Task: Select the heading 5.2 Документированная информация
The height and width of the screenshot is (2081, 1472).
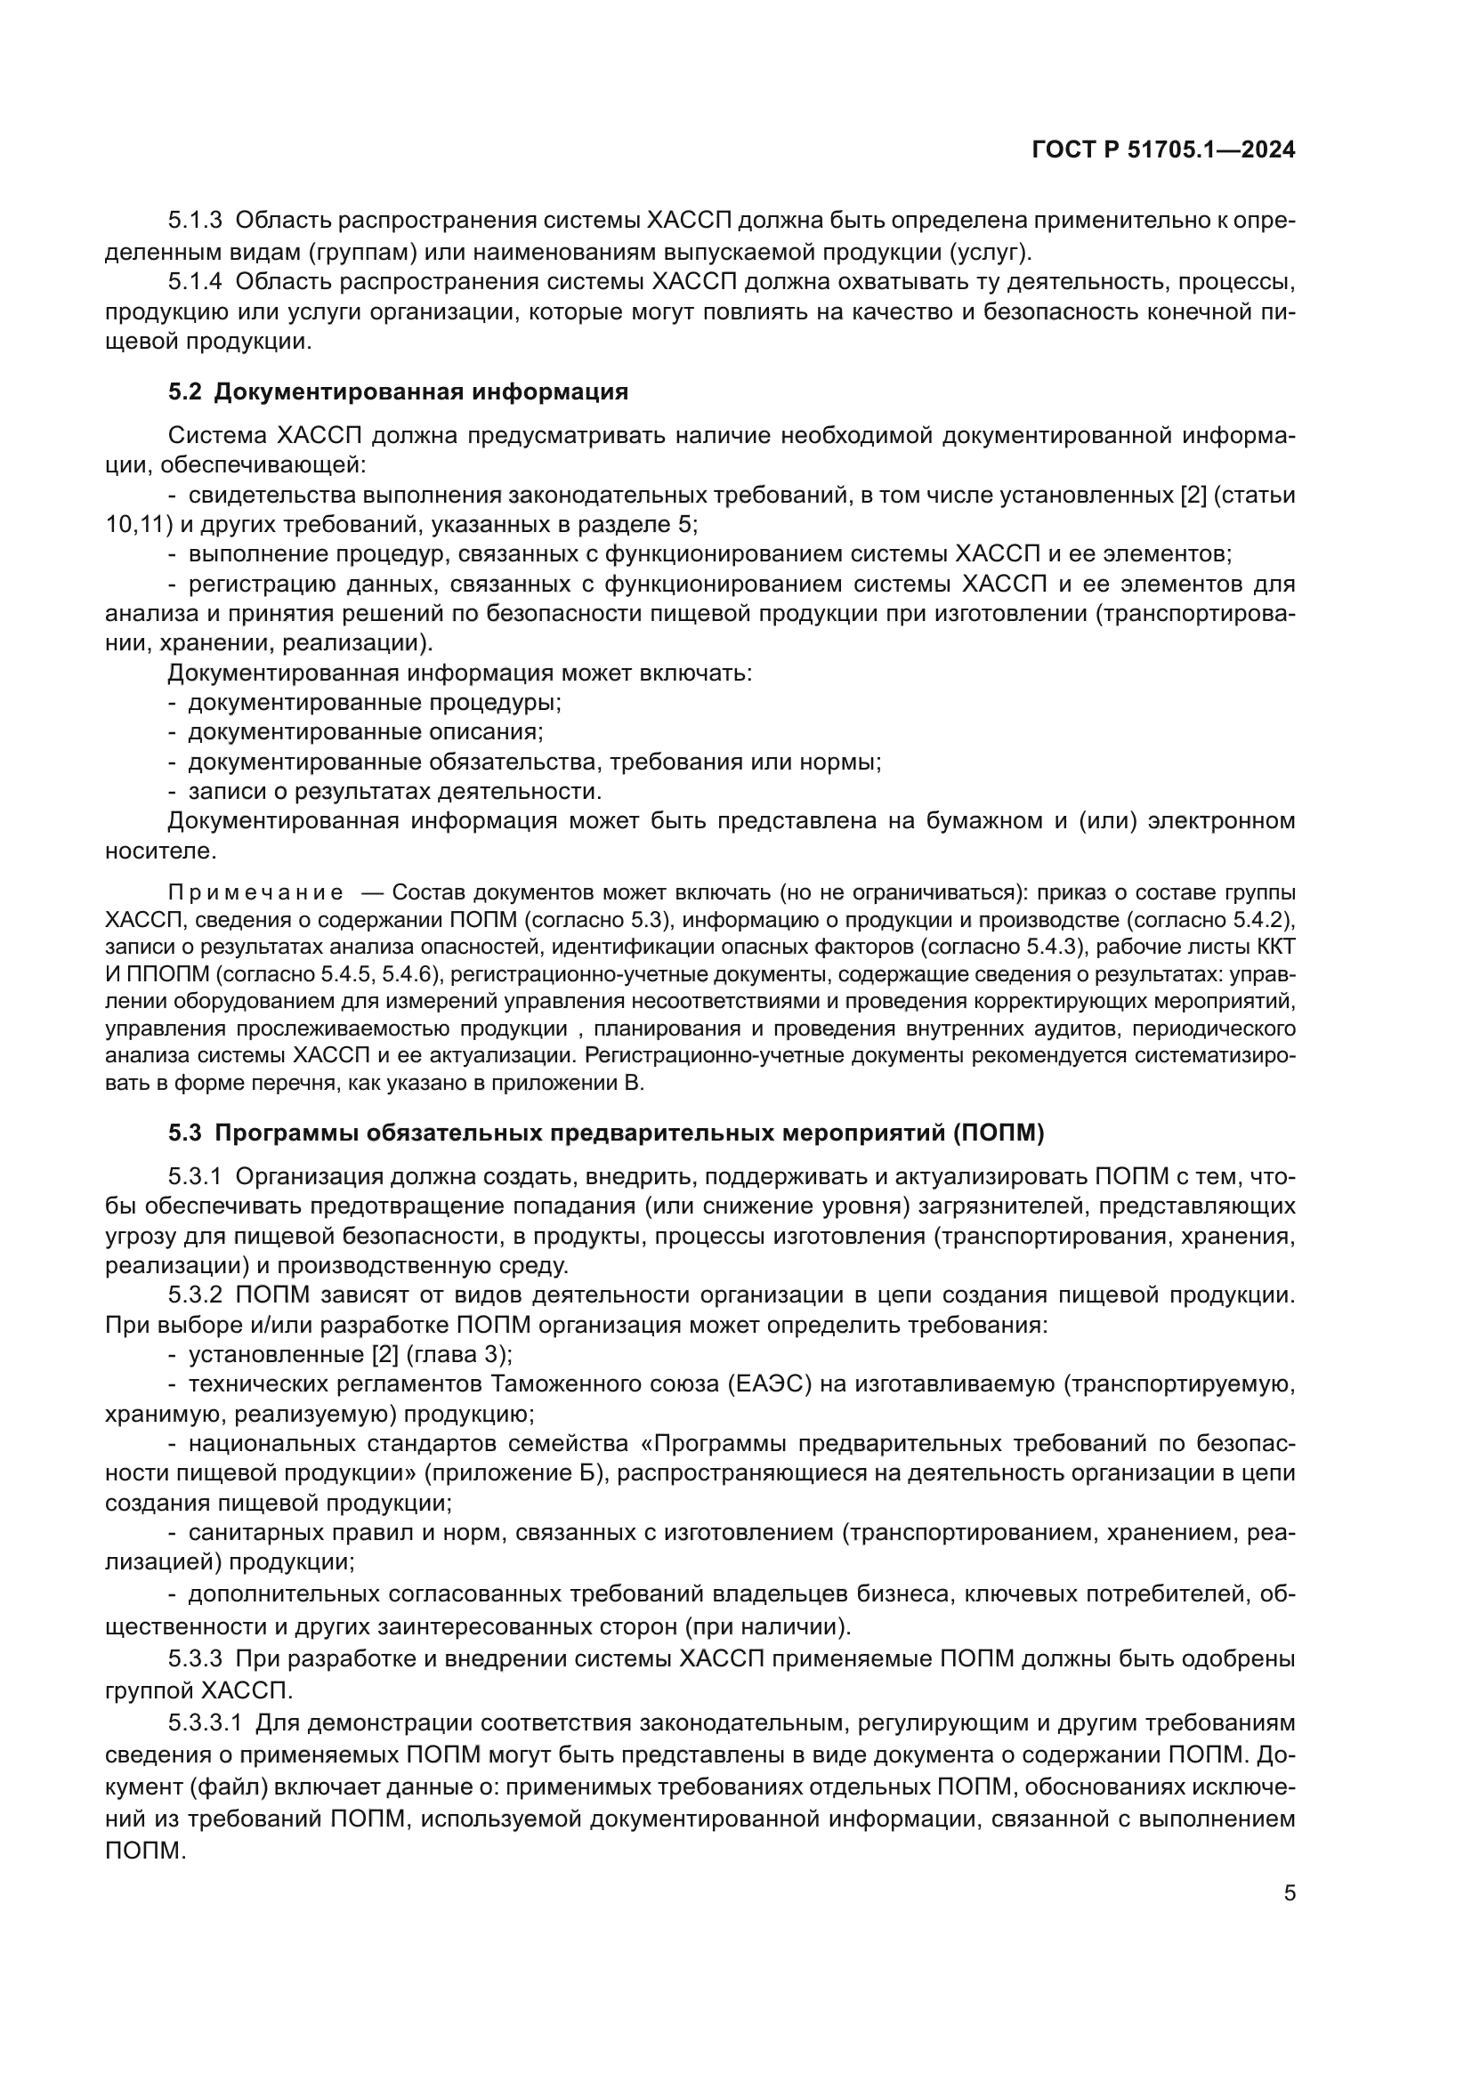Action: coord(398,391)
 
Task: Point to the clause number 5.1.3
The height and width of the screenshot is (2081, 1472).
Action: coord(195,221)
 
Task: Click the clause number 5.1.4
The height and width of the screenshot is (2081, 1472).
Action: coord(195,282)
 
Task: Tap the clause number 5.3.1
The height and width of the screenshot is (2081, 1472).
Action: coord(195,1176)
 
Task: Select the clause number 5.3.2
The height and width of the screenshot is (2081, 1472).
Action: coord(195,1295)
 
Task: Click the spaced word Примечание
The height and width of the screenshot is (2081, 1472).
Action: coord(255,892)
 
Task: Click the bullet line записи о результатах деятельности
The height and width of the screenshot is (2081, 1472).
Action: coord(394,791)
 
